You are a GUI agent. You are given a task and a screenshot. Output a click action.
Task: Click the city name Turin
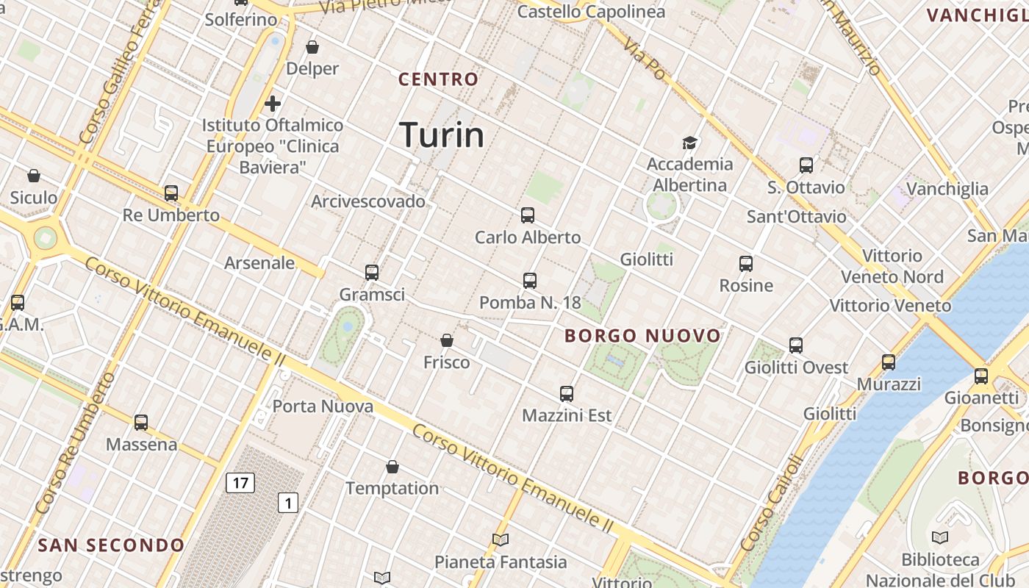tap(442, 135)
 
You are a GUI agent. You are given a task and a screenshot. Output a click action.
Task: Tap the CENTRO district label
tap(438, 79)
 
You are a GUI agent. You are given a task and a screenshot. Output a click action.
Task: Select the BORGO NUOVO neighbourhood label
tap(643, 336)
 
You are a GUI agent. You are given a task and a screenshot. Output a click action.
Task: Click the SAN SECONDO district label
tap(111, 545)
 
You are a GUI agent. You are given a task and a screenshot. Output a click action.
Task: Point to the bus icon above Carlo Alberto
tap(527, 215)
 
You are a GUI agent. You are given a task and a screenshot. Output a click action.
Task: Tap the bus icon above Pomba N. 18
tap(530, 280)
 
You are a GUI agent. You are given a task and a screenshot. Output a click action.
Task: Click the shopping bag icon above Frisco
tap(446, 340)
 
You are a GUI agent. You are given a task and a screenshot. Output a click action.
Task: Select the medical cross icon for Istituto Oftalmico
tap(273, 104)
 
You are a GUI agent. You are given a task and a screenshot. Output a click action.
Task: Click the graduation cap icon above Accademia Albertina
tap(689, 143)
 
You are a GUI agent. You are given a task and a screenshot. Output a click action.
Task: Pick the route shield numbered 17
tap(240, 483)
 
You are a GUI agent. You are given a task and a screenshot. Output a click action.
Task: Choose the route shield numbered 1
tap(288, 503)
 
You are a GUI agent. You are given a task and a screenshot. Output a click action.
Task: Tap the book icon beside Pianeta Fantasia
tap(501, 540)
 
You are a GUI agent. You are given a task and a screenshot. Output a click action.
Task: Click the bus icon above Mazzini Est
tap(566, 393)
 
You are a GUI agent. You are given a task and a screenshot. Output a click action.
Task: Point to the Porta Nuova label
tap(323, 406)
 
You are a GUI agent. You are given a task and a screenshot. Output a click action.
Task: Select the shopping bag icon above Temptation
tap(392, 467)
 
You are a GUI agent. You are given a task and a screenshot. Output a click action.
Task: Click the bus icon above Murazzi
tap(889, 362)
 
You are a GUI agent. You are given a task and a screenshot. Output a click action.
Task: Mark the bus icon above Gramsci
tap(372, 273)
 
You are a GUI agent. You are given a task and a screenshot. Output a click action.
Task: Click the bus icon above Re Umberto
tap(171, 193)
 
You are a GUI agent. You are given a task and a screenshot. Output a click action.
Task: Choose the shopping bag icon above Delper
tap(312, 47)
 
